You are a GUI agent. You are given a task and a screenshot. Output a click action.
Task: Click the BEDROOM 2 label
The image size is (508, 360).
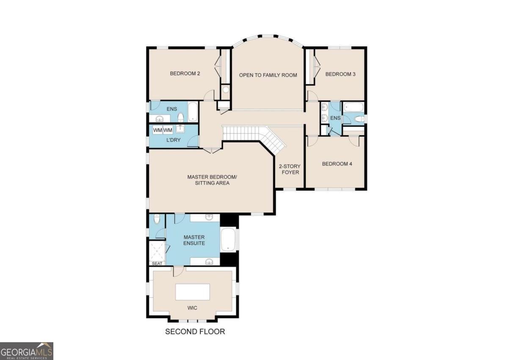click(x=185, y=73)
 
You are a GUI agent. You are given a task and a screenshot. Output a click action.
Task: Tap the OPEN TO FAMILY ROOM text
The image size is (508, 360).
click(x=268, y=75)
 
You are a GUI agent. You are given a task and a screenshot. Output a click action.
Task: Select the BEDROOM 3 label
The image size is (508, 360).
click(x=340, y=74)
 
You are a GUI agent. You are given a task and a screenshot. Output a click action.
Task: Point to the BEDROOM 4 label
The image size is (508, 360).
click(x=337, y=164)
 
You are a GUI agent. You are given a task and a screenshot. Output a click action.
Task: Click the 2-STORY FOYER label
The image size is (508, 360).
click(x=290, y=169)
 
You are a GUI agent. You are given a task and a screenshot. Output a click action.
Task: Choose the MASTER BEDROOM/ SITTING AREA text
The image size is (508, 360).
click(x=212, y=180)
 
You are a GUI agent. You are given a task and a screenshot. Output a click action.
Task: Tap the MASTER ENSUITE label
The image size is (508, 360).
click(x=194, y=240)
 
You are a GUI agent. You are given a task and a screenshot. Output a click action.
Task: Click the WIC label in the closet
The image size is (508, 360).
click(x=192, y=308)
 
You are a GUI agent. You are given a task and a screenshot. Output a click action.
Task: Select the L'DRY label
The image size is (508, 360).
click(x=173, y=140)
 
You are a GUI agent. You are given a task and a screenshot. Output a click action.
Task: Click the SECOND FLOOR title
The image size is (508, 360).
click(x=195, y=332)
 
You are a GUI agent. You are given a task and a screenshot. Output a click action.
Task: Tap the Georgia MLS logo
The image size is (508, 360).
click(x=27, y=351)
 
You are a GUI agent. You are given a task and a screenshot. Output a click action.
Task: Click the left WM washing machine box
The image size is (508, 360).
click(x=157, y=130)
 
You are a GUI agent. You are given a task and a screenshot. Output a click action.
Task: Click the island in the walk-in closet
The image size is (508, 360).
click(x=193, y=292)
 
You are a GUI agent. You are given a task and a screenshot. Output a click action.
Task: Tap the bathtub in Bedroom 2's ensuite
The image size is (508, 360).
click(x=193, y=111)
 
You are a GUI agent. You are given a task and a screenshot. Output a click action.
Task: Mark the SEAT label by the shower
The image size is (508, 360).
click(x=157, y=263)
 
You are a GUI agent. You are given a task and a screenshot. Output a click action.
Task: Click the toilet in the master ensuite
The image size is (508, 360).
click(x=157, y=219)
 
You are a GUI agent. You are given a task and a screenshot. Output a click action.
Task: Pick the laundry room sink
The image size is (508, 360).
click(x=180, y=129)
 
